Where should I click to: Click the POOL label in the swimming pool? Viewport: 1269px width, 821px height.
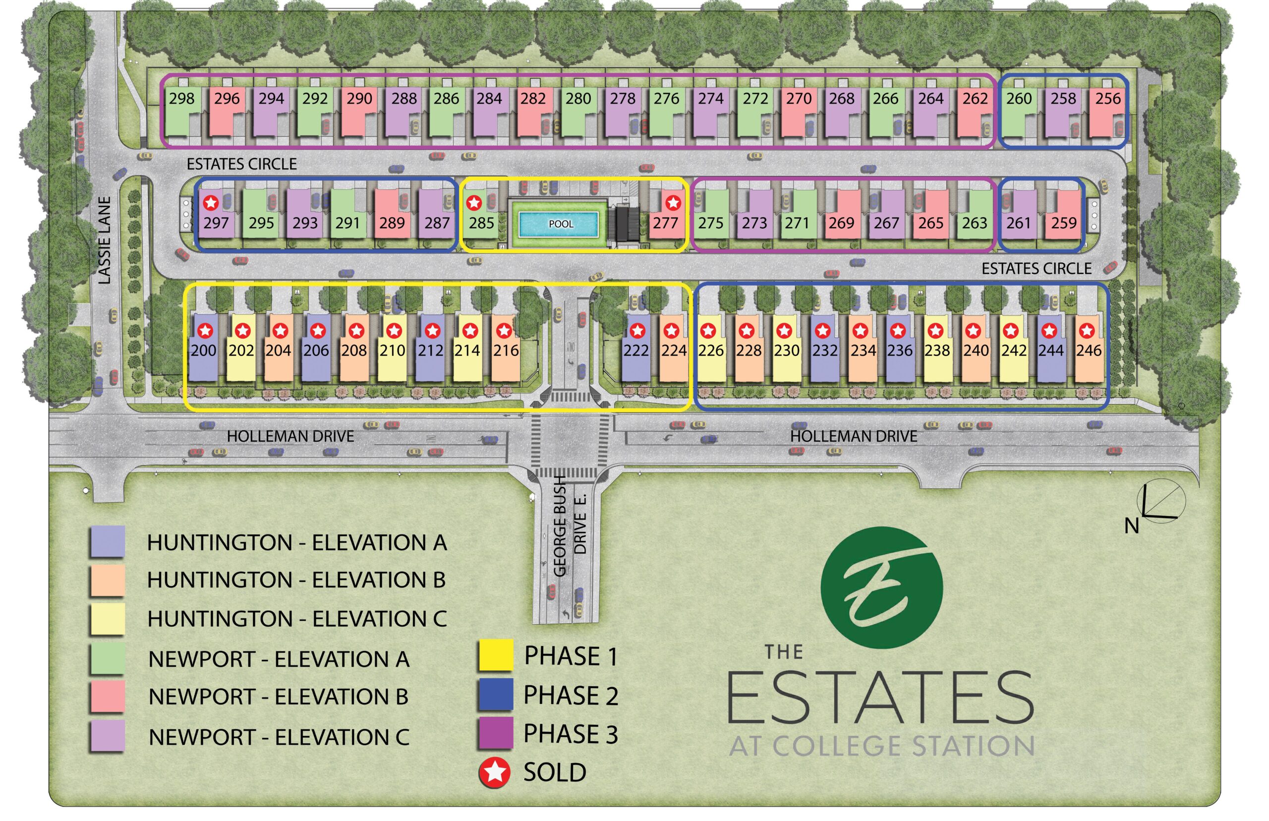point(561,224)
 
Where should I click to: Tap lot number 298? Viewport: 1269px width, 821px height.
point(182,99)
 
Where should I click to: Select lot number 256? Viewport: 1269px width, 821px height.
point(1108,99)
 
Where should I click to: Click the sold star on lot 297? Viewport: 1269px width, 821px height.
point(211,203)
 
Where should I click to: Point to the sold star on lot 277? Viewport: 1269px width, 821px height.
point(673,203)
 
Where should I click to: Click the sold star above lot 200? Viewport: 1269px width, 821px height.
point(205,331)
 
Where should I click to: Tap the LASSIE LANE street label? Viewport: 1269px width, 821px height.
point(105,240)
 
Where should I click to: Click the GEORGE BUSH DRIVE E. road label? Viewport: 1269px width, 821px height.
point(569,525)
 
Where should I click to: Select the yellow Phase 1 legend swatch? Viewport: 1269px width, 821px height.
point(495,654)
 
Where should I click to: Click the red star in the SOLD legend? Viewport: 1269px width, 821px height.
point(495,772)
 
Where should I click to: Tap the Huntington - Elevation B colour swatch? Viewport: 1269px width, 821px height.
point(108,580)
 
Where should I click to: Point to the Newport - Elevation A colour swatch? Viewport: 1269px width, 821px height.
point(108,658)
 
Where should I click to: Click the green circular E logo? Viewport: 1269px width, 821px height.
point(881,587)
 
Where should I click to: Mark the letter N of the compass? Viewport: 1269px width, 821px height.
point(1131,526)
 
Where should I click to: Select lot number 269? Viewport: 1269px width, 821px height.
point(841,223)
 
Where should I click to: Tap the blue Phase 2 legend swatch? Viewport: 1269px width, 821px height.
point(495,694)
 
